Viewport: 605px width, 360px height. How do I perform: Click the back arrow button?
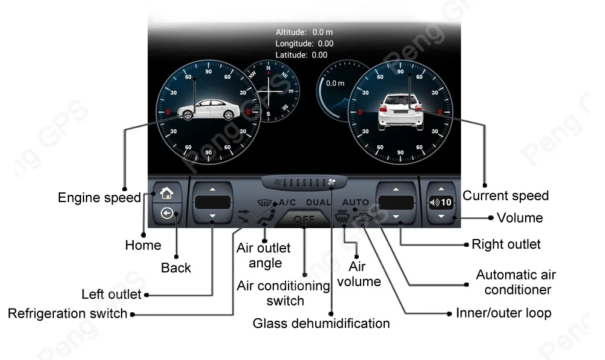coord(166,214)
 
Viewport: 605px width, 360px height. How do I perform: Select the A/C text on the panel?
coord(286,202)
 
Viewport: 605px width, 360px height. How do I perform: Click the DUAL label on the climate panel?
coord(318,202)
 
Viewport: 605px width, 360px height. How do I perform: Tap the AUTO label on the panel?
coord(355,202)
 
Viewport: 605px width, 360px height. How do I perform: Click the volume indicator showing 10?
coord(440,203)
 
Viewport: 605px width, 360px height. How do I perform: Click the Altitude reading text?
coord(304,32)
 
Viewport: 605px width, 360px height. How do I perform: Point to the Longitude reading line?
coord(304,44)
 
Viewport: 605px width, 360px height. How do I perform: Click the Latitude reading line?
coord(301,55)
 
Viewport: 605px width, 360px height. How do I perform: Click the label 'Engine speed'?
coord(99,198)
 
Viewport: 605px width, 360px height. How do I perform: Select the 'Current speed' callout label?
coord(505,195)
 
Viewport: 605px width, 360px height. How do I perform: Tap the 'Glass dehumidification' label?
coord(321,323)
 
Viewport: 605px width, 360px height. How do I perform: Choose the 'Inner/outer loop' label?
coord(503,313)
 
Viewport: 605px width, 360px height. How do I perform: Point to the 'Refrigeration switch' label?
coord(68,313)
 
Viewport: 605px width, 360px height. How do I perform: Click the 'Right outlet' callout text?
coord(506,244)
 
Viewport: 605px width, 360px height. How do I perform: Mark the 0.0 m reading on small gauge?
coord(335,83)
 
